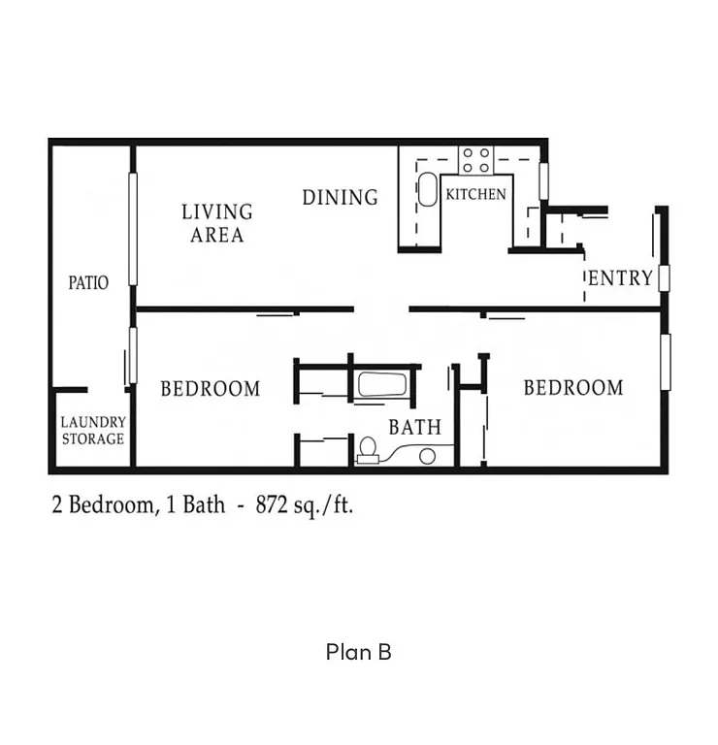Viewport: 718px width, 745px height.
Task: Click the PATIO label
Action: click(88, 283)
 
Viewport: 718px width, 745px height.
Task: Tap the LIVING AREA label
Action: click(217, 223)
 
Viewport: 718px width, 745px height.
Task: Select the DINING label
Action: click(340, 198)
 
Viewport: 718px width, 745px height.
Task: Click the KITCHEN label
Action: click(475, 194)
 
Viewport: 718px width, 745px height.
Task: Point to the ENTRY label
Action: click(621, 278)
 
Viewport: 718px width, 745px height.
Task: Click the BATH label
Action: click(415, 427)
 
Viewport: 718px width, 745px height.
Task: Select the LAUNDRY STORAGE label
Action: click(93, 431)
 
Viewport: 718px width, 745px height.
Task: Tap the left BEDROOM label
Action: click(211, 389)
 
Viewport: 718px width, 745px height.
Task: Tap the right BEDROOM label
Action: click(573, 388)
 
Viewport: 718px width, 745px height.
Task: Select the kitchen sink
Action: click(428, 189)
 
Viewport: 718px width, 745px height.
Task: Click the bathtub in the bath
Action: click(381, 384)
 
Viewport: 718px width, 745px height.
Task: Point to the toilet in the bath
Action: click(367, 448)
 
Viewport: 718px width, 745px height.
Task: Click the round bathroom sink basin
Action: click(428, 456)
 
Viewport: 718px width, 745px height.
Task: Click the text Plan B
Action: click(358, 652)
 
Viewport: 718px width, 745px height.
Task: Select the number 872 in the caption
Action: click(277, 504)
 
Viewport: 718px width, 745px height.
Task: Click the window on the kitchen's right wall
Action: click(545, 181)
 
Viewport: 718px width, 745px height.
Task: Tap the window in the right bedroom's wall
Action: click(666, 362)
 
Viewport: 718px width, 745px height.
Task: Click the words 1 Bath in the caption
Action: click(197, 504)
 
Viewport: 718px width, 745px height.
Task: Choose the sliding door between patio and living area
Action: click(133, 229)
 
